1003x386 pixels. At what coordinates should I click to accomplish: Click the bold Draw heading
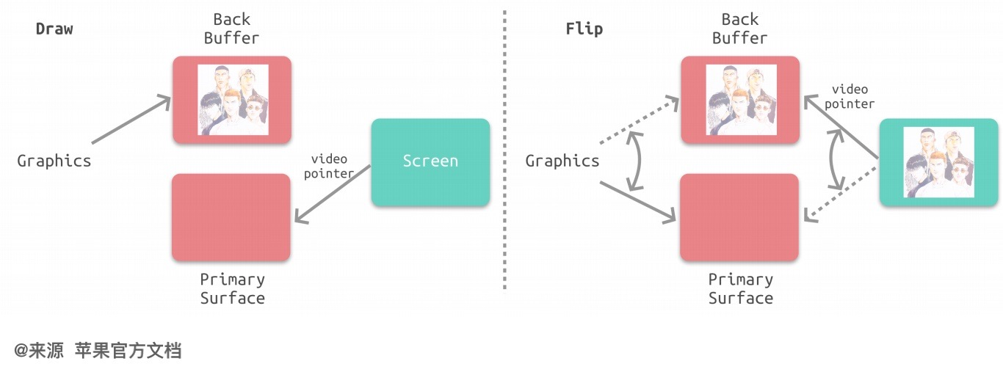[x=54, y=29]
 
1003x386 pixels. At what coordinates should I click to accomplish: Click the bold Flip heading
[x=584, y=29]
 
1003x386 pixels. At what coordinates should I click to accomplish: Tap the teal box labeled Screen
[x=430, y=161]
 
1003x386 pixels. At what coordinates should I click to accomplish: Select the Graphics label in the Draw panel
[x=54, y=161]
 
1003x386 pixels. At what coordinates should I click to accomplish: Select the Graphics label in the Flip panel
[x=562, y=161]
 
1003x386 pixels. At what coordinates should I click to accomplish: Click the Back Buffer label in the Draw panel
[x=231, y=29]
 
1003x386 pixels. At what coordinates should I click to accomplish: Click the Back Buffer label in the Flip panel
[x=739, y=29]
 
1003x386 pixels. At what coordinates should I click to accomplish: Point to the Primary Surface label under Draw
[x=232, y=288]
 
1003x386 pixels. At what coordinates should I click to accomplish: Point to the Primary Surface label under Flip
[x=740, y=288]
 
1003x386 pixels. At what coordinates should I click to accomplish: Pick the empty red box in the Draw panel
[x=231, y=217]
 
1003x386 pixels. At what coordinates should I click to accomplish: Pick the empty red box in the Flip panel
[x=739, y=217]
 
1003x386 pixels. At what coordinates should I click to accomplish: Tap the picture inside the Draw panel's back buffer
[x=233, y=100]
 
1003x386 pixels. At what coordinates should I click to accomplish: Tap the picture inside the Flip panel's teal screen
[x=938, y=161]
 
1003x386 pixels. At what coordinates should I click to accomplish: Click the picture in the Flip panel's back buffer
[x=741, y=100]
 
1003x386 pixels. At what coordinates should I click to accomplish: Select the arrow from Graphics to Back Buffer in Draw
[x=131, y=120]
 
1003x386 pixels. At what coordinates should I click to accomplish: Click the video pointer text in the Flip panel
[x=850, y=97]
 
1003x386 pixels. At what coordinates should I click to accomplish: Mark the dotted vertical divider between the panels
[x=504, y=147]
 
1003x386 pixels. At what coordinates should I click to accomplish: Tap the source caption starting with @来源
[x=98, y=351]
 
